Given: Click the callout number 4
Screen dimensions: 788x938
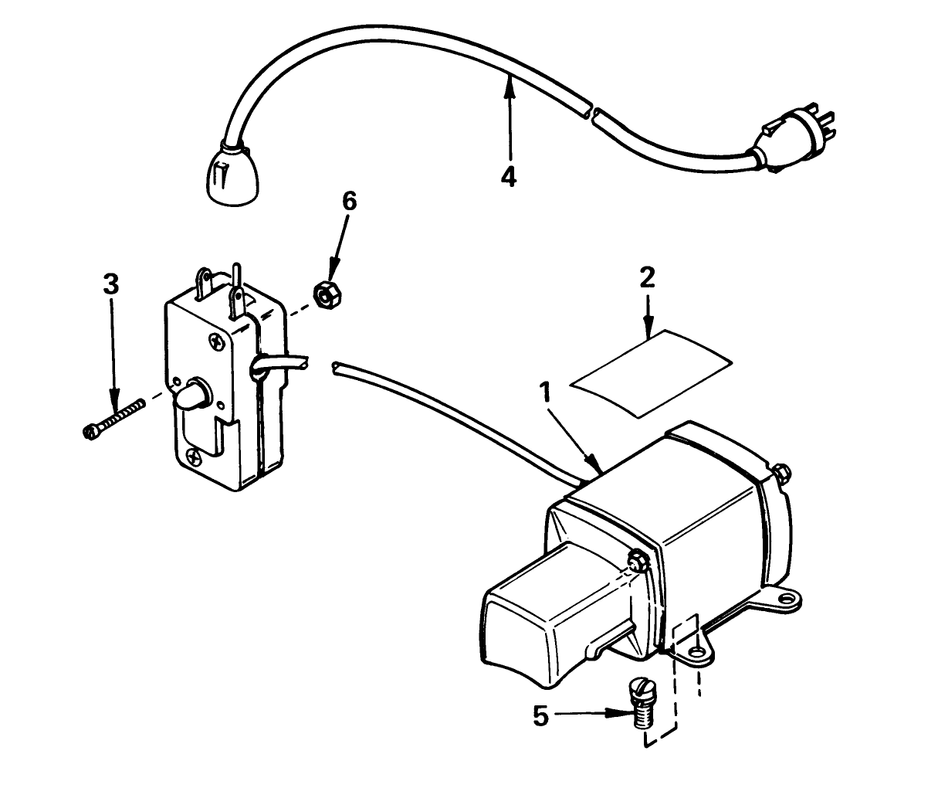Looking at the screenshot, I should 508,177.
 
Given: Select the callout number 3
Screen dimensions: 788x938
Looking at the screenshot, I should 111,284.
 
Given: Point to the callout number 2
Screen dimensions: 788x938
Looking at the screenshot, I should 647,277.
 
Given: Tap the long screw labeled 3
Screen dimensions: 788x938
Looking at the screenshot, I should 113,417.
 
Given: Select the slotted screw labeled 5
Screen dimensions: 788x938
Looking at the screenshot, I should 642,701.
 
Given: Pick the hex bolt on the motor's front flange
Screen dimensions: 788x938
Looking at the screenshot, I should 638,561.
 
